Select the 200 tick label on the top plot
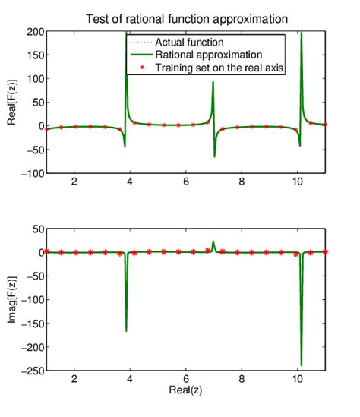point(32,32)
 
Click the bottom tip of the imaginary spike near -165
point(126,330)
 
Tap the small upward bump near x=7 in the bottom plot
point(213,242)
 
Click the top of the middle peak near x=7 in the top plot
point(213,82)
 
